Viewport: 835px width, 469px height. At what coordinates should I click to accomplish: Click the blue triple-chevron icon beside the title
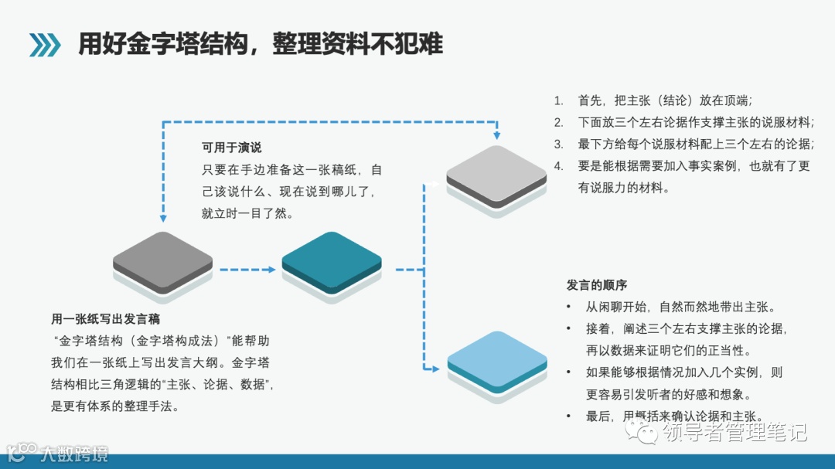coord(45,45)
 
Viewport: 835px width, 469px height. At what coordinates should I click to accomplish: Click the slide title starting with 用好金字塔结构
coord(261,44)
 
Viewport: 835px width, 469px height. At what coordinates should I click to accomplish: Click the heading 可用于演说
coord(231,148)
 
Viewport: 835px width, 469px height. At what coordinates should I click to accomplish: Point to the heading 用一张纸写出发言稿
coord(106,318)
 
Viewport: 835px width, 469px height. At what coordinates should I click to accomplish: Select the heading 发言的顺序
coord(597,285)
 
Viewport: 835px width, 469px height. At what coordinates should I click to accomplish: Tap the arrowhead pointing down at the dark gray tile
coord(162,219)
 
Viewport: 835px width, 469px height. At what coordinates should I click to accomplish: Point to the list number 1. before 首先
coord(559,100)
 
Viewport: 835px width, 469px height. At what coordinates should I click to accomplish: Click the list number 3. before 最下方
coord(559,144)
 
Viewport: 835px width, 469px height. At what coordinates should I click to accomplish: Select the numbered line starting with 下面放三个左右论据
coord(696,122)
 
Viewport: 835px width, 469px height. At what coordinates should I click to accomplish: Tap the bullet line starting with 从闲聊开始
coord(680,307)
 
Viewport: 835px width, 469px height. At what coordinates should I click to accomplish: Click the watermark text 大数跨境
coord(74,452)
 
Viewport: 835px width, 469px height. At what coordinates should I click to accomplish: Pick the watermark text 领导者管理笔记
coord(734,431)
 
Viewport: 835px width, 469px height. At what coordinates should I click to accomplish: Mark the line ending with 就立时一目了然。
coord(247,213)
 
